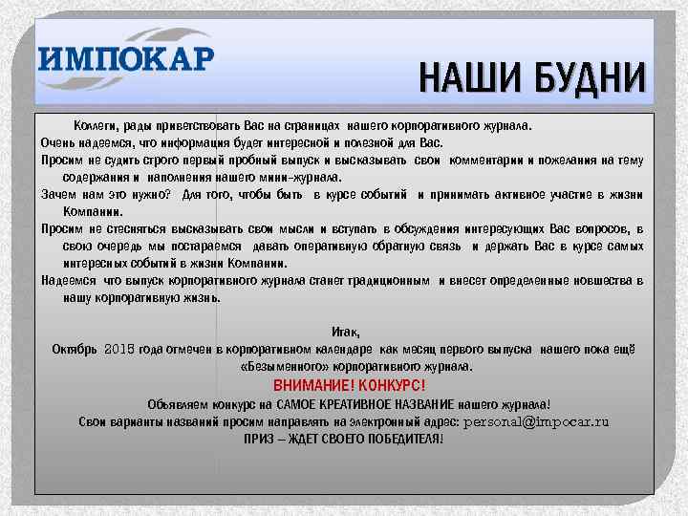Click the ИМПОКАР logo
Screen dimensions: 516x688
tap(127, 59)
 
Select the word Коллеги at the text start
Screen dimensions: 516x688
tap(96, 125)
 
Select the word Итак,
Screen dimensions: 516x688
tap(346, 332)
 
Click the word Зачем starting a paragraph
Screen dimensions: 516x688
tap(58, 194)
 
